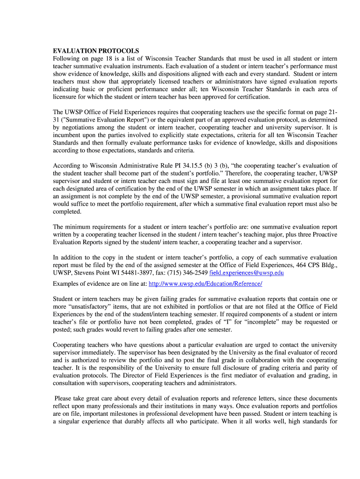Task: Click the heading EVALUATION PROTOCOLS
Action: coord(96,51)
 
